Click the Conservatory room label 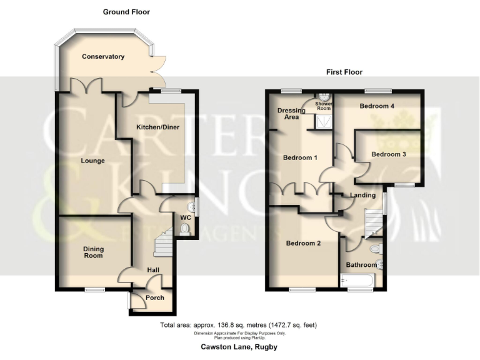click(103, 57)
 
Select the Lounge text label click(92, 161)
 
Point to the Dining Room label click(94, 252)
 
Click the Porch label click(154, 298)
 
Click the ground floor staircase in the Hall click(162, 242)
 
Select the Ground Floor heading click(126, 12)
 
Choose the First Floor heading click(344, 72)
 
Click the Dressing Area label click(291, 113)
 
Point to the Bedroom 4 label click(377, 106)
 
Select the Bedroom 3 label click(389, 154)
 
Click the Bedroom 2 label click(303, 243)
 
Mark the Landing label click(362, 195)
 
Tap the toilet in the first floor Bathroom click(375, 249)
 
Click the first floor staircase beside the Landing click(373, 221)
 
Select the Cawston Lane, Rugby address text click(239, 347)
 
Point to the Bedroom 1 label click(301, 157)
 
